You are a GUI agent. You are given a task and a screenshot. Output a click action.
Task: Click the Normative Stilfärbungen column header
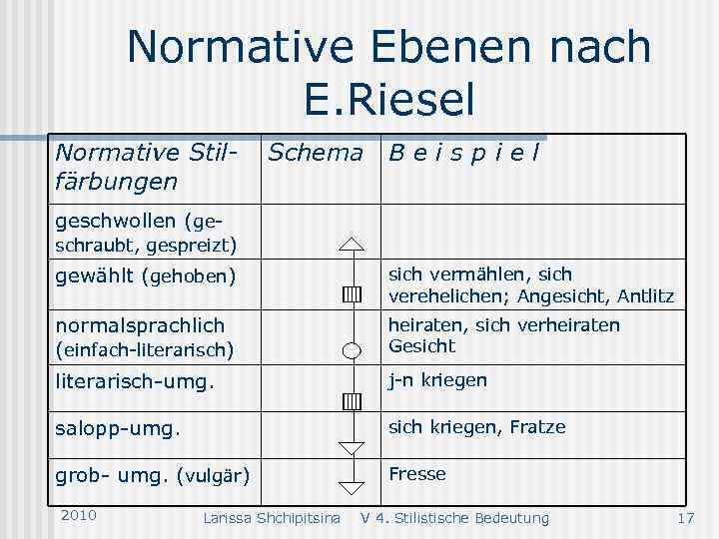coord(147,167)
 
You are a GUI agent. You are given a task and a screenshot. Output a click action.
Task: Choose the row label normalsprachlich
coord(140,325)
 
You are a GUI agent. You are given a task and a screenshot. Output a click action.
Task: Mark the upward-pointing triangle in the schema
coord(351,244)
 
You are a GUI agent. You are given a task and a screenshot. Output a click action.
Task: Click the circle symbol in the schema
coord(351,349)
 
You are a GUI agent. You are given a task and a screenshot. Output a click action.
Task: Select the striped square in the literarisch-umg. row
coord(351,401)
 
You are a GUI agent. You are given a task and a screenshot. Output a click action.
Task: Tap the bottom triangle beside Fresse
coord(351,487)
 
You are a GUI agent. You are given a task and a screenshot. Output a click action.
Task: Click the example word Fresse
coord(417,474)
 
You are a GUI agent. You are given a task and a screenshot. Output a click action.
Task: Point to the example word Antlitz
coord(645,296)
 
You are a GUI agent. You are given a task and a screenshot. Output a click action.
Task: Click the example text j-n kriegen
coord(437,380)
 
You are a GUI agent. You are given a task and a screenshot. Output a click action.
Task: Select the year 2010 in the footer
coord(78,515)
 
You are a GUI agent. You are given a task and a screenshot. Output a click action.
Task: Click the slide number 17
coord(685,517)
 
